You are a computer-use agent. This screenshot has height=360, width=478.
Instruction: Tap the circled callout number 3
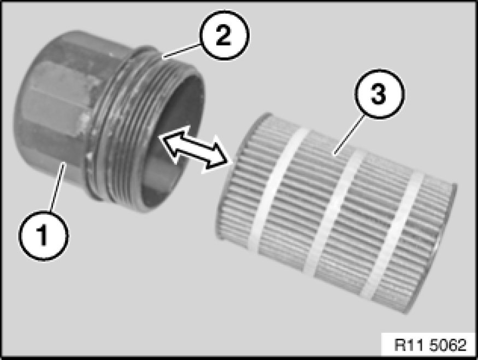(x=379, y=94)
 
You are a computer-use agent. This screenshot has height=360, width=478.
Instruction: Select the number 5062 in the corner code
(x=448, y=345)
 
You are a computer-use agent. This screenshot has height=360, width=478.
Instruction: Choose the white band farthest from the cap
(x=392, y=235)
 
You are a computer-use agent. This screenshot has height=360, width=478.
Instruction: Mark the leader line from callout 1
(x=57, y=186)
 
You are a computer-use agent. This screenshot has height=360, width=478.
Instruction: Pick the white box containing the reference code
(x=428, y=345)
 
